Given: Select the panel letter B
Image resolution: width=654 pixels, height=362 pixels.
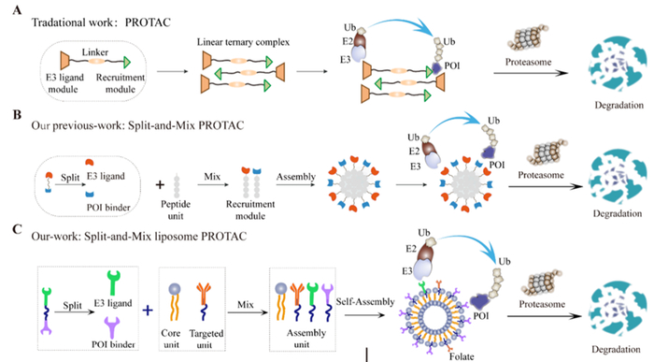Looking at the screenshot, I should coord(8,116).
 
